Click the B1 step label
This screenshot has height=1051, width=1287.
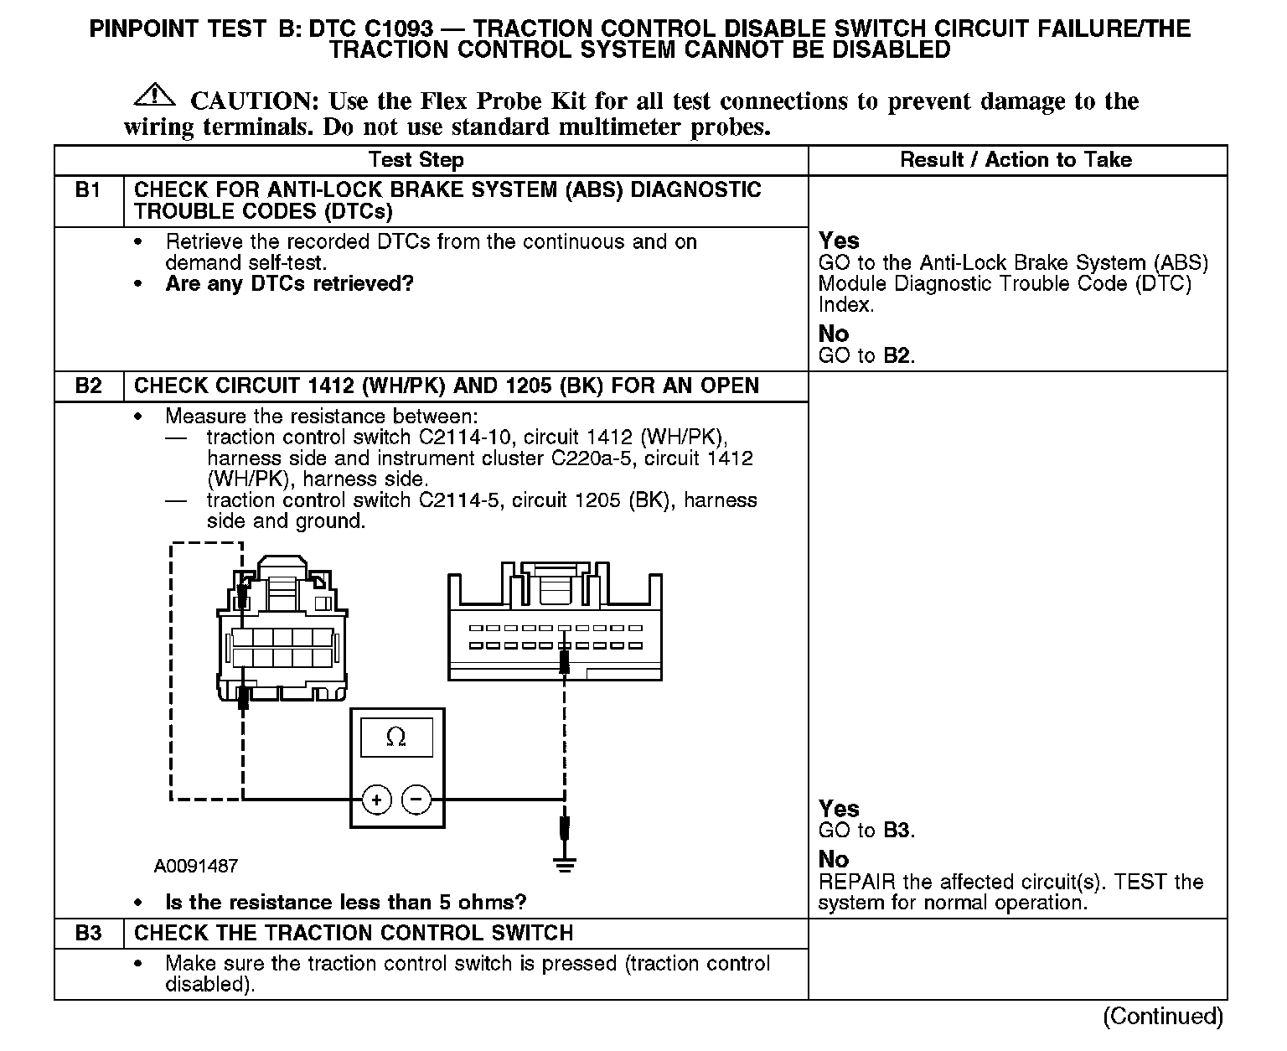point(88,190)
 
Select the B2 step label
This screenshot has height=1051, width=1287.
point(88,386)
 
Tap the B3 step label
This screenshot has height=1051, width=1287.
point(88,934)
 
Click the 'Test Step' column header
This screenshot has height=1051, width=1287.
point(416,160)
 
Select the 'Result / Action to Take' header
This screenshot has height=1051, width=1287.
point(1016,160)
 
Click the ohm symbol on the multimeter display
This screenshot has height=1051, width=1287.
point(396,738)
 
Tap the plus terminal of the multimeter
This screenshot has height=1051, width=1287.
point(377,800)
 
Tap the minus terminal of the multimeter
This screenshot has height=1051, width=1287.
point(416,800)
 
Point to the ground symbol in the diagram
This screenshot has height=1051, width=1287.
point(565,865)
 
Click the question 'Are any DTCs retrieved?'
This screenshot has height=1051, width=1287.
point(290,284)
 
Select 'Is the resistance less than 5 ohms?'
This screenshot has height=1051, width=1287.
point(346,903)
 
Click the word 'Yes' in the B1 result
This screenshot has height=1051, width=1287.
point(839,241)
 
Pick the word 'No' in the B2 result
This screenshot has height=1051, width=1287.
point(834,859)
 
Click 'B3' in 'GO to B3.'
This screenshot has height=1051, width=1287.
point(897,831)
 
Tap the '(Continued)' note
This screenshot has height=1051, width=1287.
point(1163,1017)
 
